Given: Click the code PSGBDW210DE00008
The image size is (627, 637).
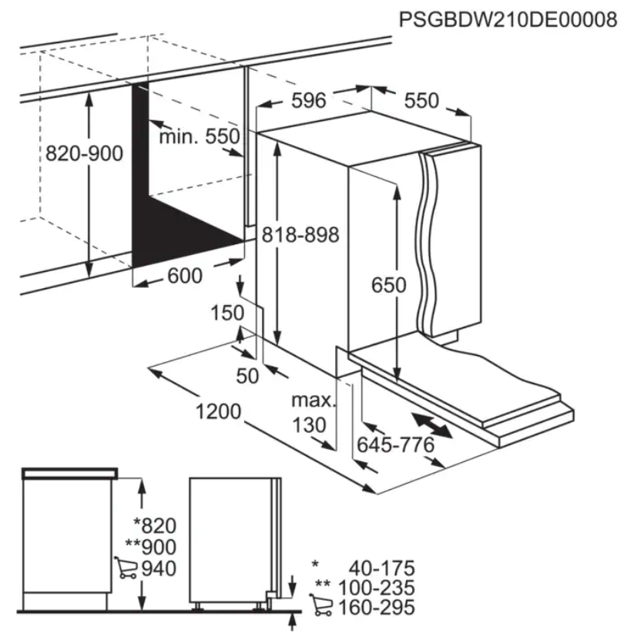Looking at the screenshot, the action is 508,19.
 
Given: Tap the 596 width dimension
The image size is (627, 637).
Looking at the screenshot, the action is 309,100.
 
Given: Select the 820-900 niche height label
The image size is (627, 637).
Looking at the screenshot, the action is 84,153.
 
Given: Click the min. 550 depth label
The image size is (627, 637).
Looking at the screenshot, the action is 199,136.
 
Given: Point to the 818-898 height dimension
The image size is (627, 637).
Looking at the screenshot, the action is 300,235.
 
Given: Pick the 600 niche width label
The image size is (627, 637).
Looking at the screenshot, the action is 185,276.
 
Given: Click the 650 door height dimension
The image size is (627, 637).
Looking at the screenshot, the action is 389,285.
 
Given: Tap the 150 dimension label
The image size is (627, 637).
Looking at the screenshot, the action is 227,313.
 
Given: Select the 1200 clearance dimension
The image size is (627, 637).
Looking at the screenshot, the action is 219,411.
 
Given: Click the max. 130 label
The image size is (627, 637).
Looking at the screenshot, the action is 313,413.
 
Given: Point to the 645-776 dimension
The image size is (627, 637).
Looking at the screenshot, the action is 396,445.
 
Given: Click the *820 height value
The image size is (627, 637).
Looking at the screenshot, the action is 155,525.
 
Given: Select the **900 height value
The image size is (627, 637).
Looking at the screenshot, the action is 151,546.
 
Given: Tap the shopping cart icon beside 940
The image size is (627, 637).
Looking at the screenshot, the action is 126,568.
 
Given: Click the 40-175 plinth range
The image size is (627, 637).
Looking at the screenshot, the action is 382,568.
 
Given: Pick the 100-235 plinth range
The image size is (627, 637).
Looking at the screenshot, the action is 377,588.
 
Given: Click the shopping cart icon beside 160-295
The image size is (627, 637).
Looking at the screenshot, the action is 320,605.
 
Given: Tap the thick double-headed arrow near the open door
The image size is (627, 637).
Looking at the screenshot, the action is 431,425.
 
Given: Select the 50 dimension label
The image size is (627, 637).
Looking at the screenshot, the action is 247,376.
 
